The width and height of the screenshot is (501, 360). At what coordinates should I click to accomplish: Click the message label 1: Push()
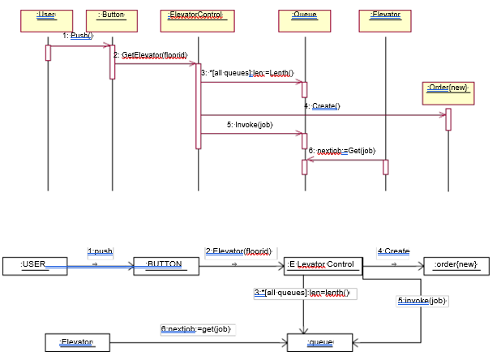(x=79, y=36)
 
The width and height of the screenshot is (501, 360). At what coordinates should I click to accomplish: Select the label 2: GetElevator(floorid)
(x=151, y=55)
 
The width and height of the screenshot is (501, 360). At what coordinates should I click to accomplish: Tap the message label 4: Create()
(x=322, y=106)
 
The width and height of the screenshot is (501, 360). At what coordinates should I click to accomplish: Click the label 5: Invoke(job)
(x=250, y=125)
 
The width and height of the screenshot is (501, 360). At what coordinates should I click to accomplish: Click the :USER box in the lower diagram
(x=34, y=264)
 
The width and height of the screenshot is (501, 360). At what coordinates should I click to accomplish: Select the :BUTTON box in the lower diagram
(x=167, y=264)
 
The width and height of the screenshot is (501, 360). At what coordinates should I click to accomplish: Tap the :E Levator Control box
(x=320, y=264)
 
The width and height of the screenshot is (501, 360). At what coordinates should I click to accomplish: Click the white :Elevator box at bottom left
(x=77, y=343)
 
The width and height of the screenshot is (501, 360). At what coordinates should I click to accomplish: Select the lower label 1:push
(x=100, y=251)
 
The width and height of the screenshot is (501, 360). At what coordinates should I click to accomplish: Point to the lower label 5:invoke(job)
(x=422, y=301)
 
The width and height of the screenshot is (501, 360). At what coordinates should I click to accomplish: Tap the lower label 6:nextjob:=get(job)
(x=196, y=329)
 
